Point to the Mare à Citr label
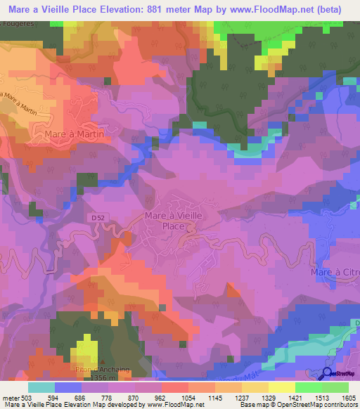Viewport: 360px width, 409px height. coord(335,271)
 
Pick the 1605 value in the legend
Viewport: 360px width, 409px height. coord(347,398)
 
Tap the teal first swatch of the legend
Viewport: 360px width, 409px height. coord(41,387)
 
